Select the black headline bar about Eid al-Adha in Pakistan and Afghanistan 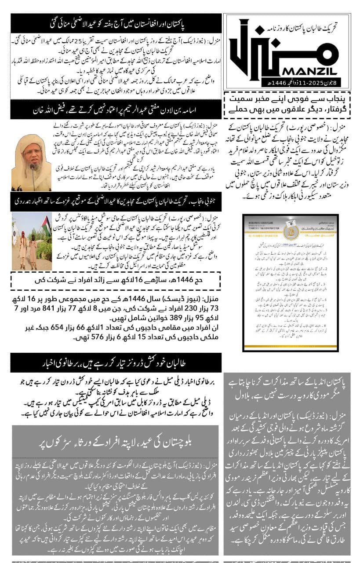[x=116, y=23]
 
